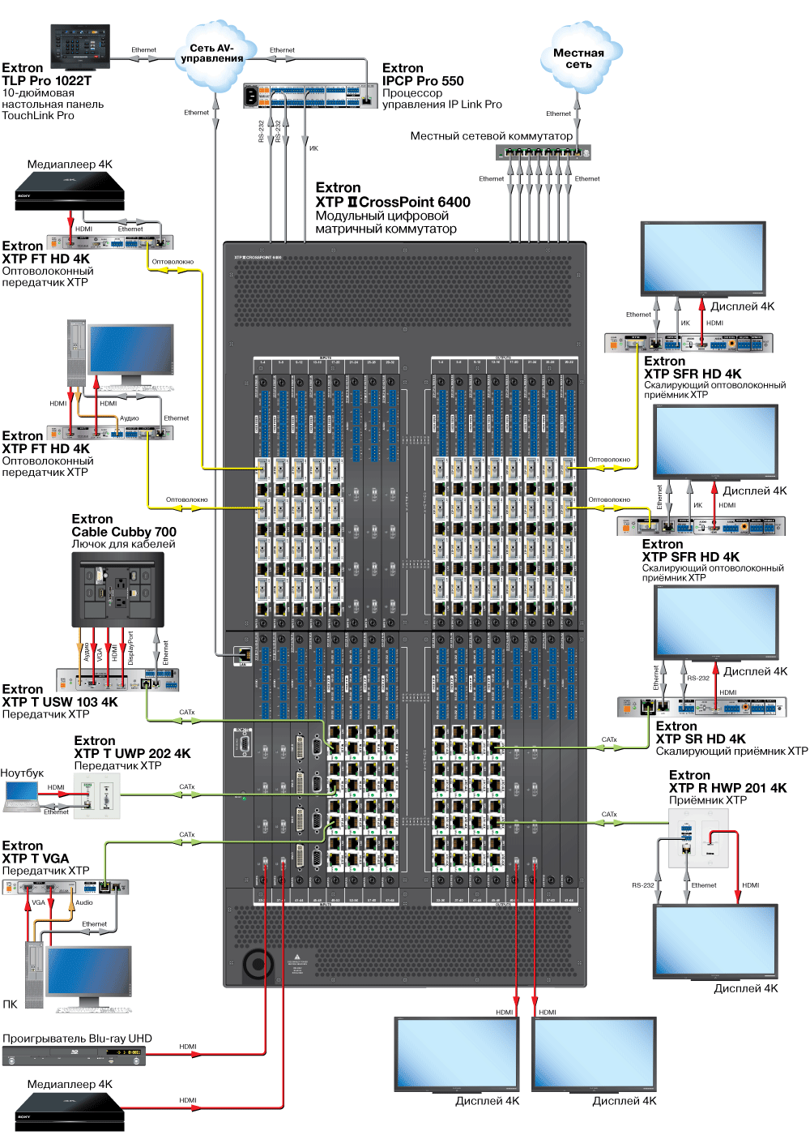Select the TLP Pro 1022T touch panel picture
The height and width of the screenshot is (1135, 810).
pos(79,46)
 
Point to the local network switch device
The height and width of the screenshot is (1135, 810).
pos(544,152)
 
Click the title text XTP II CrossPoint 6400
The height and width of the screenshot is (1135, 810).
pos(393,202)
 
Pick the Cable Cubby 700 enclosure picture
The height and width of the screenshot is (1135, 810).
pos(117,588)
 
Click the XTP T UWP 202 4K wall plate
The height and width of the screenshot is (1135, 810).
pos(96,795)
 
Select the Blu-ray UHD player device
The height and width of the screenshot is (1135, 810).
pos(74,1056)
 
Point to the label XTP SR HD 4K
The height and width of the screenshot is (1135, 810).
pos(701,739)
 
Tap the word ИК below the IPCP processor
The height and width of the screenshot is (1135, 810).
pos(313,148)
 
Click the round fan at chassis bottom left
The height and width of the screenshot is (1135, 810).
pos(258,965)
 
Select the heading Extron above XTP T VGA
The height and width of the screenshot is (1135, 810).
pos(23,846)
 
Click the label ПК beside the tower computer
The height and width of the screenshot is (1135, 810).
pos(10,1004)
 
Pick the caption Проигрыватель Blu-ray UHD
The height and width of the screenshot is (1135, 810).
pos(77,1039)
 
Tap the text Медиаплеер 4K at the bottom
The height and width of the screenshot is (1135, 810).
pos(70,1084)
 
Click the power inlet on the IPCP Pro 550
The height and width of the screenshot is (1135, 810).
pos(252,96)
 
